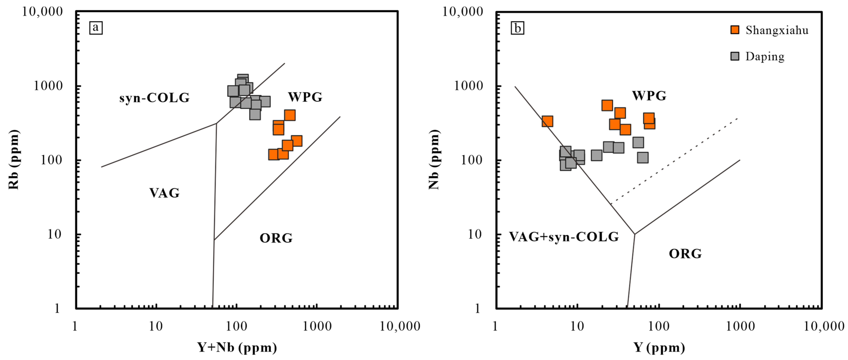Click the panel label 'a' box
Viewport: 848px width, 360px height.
(96, 28)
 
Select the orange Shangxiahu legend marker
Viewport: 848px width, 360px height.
(735, 30)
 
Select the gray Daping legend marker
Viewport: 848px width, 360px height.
(735, 56)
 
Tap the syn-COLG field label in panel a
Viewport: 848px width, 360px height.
(154, 98)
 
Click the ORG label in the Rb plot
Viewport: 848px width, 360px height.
(276, 238)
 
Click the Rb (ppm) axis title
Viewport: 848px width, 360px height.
(14, 159)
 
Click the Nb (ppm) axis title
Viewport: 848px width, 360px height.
(434, 159)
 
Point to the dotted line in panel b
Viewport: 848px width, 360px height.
(675, 160)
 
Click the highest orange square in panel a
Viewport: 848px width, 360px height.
(290, 115)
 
